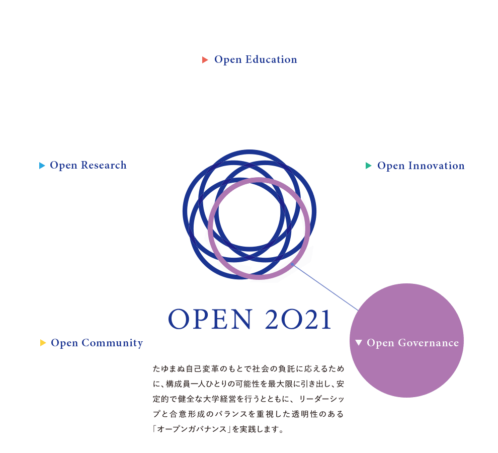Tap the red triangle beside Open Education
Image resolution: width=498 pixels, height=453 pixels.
(205, 60)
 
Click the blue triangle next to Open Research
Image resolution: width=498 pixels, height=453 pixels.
(42, 166)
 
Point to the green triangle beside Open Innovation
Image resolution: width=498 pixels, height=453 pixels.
(369, 166)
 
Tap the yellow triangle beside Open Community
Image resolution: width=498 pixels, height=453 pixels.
(43, 343)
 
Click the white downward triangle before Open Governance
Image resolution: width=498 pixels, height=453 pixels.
(359, 343)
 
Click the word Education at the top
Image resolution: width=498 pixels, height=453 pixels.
(271, 60)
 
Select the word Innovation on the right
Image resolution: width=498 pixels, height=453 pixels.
(436, 166)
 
